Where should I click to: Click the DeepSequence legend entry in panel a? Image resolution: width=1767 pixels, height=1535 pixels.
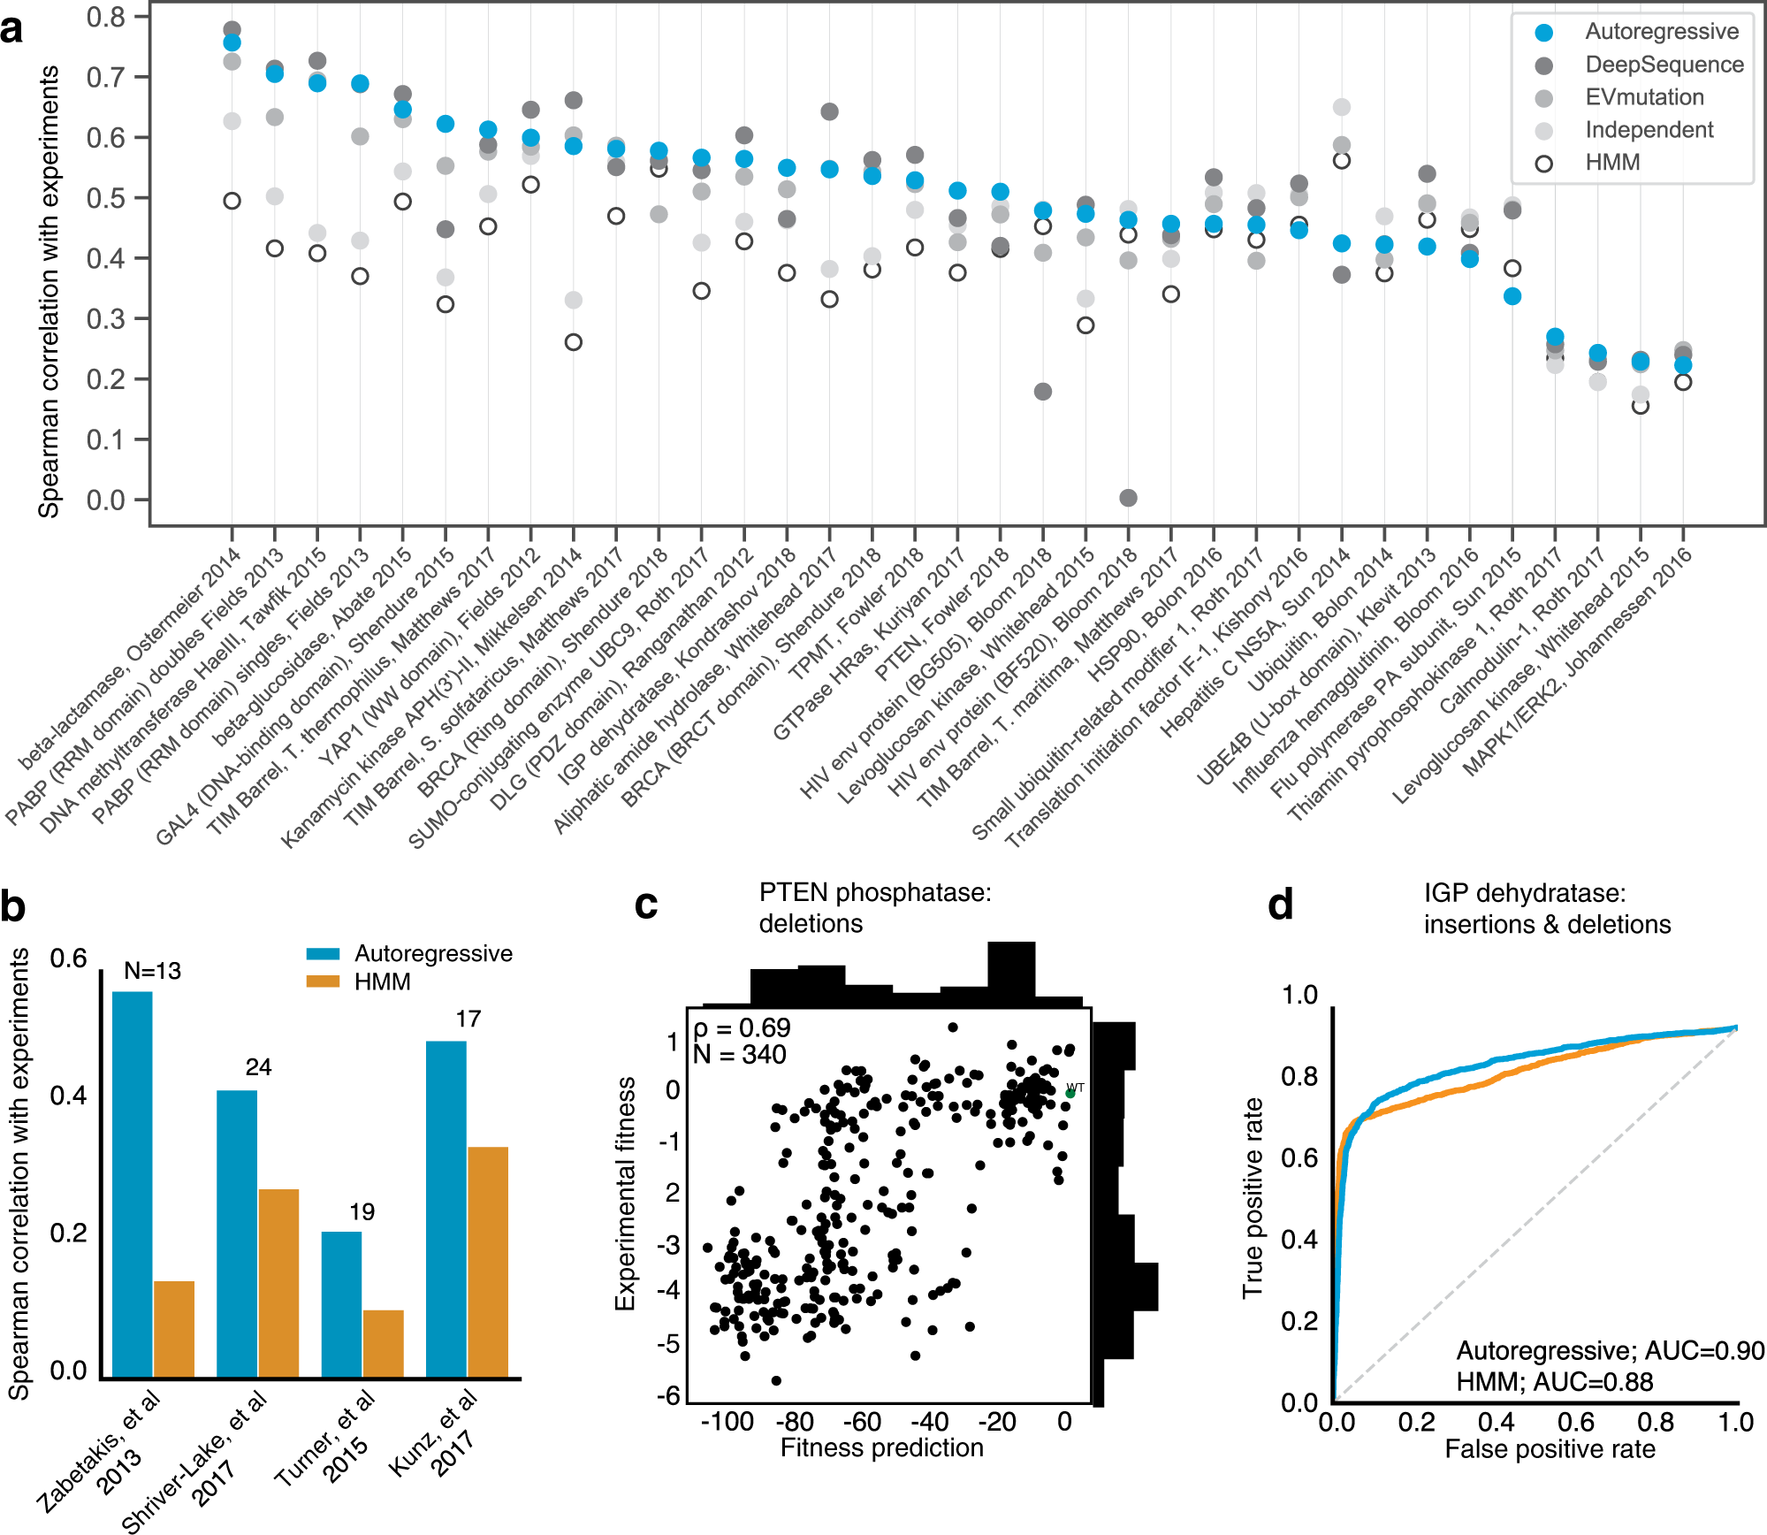(1664, 65)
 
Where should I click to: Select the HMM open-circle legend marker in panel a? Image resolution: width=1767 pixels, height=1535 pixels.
(1544, 164)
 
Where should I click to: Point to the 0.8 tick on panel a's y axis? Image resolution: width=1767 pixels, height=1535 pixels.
(105, 17)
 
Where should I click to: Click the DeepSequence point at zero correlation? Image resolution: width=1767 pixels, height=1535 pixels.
(1128, 498)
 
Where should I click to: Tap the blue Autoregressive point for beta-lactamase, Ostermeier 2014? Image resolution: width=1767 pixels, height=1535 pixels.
(232, 42)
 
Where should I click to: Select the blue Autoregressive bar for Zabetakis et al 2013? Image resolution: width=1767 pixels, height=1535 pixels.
(133, 1185)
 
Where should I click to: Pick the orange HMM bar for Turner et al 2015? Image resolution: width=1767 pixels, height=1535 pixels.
(384, 1343)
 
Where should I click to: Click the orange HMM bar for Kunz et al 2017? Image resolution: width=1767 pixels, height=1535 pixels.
(488, 1262)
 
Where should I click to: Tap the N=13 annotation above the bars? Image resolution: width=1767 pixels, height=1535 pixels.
(152, 971)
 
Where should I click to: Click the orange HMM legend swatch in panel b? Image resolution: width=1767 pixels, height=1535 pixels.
(323, 981)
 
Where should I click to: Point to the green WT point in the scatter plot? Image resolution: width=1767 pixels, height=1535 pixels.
(1070, 1094)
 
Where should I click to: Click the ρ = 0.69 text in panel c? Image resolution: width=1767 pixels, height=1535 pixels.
(743, 1028)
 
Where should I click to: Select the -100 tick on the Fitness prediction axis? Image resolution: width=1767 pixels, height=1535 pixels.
(727, 1423)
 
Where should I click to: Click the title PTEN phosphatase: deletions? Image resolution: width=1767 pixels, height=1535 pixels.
(874, 908)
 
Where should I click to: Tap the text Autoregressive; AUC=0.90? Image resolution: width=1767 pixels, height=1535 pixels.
(1610, 1351)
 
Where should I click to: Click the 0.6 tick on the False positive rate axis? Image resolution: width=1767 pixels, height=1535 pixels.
(1576, 1423)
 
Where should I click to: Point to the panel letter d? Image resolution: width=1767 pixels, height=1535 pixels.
(1281, 905)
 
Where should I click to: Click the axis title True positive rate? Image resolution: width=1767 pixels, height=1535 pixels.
(1253, 1198)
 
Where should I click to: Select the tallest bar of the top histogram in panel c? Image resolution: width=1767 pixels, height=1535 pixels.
(1011, 974)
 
